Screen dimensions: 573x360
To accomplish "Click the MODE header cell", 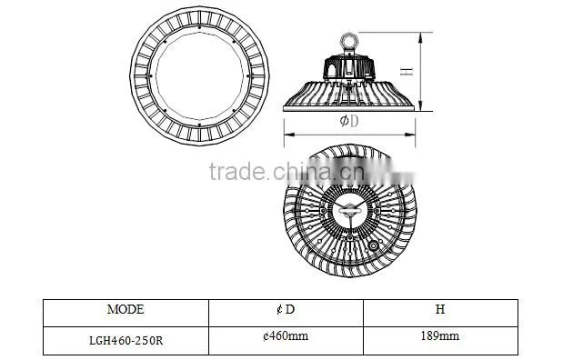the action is pos(126,313).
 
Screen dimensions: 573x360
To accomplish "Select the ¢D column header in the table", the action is pos(286,313).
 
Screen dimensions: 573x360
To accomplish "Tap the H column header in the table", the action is pos(440,313).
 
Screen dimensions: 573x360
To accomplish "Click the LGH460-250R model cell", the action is pos(126,341).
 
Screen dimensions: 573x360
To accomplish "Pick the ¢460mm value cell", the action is pos(286,341).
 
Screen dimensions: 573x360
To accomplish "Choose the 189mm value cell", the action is pos(440,341).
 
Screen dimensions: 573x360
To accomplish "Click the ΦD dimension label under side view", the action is pos(348,121).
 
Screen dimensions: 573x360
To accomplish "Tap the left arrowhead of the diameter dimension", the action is pos(288,135).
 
